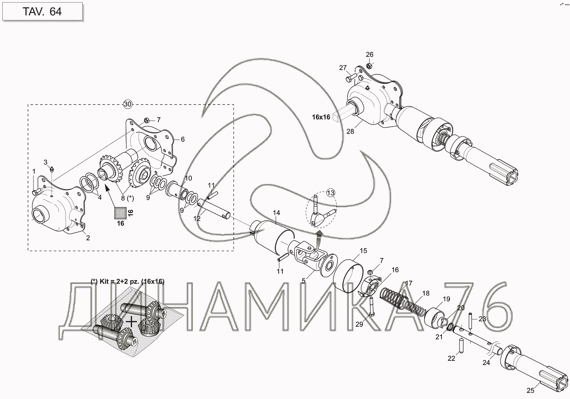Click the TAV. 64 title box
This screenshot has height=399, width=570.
pos(42,12)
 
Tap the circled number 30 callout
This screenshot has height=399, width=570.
pos(127,104)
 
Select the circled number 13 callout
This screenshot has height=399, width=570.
pos(331,193)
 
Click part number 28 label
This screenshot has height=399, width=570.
pos(350,131)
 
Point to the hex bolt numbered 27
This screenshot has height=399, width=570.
pos(350,79)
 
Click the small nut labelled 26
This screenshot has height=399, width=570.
pos(368,65)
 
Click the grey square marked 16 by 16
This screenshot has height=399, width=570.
pos(120,212)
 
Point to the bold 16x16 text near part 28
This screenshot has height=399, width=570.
pos(321,117)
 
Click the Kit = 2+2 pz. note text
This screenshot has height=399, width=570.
pos(127,281)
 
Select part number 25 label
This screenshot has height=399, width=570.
pos(530,391)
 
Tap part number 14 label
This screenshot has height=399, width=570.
pos(276,213)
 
